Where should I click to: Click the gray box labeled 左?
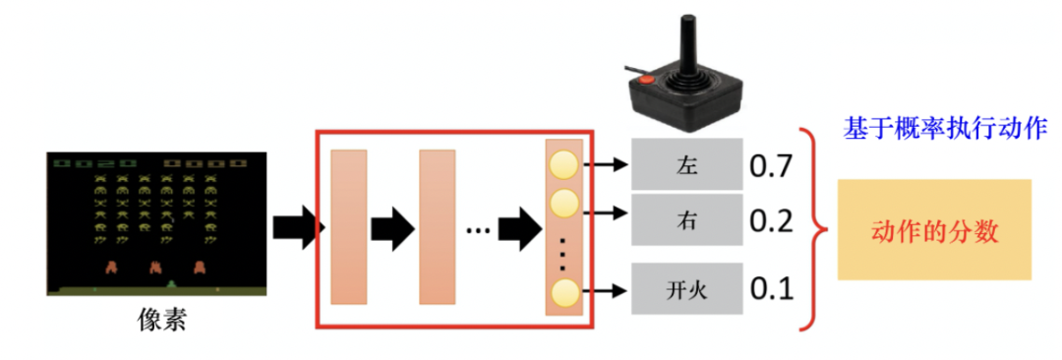(x=686, y=164)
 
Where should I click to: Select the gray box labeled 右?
(x=686, y=219)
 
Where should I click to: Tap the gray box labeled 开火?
(x=686, y=289)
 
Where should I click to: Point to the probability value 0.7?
(x=770, y=164)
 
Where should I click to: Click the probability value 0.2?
(x=770, y=220)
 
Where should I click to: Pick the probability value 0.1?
(x=770, y=289)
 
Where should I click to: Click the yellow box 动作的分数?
(x=934, y=230)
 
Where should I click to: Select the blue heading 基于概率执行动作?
(x=946, y=128)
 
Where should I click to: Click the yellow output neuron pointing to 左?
(x=564, y=164)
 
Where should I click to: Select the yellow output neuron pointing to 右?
(x=564, y=203)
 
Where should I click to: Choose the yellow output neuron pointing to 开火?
(x=564, y=292)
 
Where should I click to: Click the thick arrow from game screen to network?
(x=296, y=228)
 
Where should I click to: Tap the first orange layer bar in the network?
(x=349, y=226)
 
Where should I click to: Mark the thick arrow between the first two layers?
(x=392, y=228)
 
